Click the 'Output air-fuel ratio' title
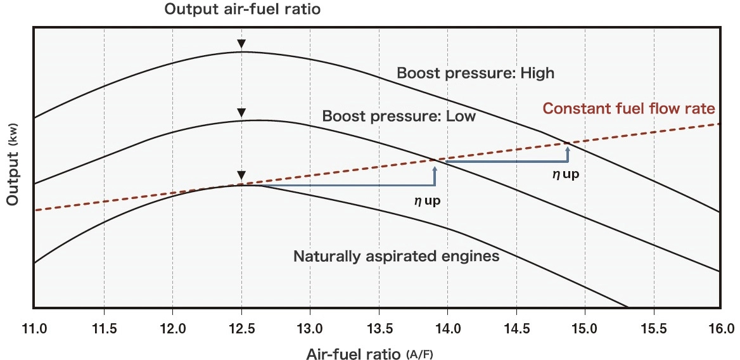(x=242, y=10)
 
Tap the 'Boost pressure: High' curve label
(x=475, y=73)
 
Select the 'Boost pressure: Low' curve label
(x=399, y=117)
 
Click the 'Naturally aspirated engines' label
(x=397, y=257)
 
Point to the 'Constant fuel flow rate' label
(x=628, y=108)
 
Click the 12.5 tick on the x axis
(x=241, y=328)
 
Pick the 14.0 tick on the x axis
(x=447, y=328)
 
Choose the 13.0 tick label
(x=310, y=328)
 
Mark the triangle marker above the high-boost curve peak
(x=241, y=44)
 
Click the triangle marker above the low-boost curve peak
(x=241, y=113)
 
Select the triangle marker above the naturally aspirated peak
(x=241, y=176)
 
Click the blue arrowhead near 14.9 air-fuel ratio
(x=568, y=149)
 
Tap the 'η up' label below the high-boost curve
(x=566, y=174)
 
